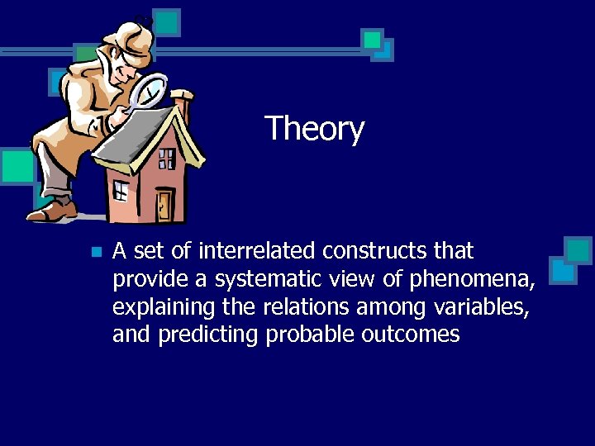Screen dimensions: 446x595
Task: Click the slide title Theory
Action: [314, 130]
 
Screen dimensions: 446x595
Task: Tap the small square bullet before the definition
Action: [97, 252]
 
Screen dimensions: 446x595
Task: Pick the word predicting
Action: [207, 335]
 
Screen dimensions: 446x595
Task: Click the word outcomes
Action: [410, 335]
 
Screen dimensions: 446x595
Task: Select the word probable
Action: [311, 335]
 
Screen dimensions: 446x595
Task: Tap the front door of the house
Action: [165, 204]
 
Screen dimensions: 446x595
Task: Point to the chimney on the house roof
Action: [184, 103]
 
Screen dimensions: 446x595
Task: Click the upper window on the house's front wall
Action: [166, 158]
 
